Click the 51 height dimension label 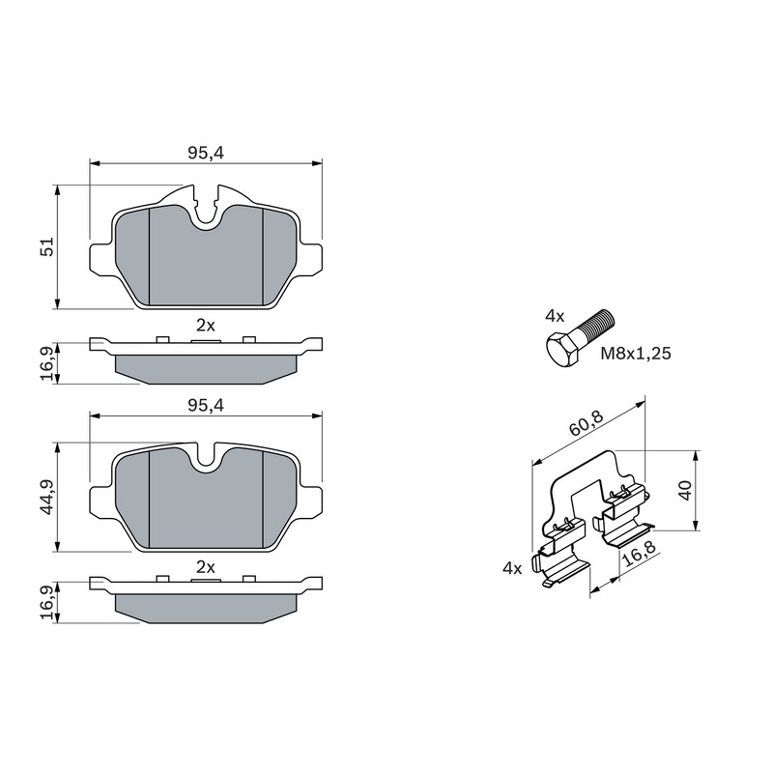(x=46, y=246)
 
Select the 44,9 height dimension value (x=46, y=497)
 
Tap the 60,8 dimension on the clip (x=587, y=423)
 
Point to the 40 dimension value (x=686, y=491)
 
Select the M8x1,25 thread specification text (x=636, y=354)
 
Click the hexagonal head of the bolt (x=562, y=348)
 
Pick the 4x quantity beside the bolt (x=555, y=316)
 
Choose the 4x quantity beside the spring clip (x=512, y=568)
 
